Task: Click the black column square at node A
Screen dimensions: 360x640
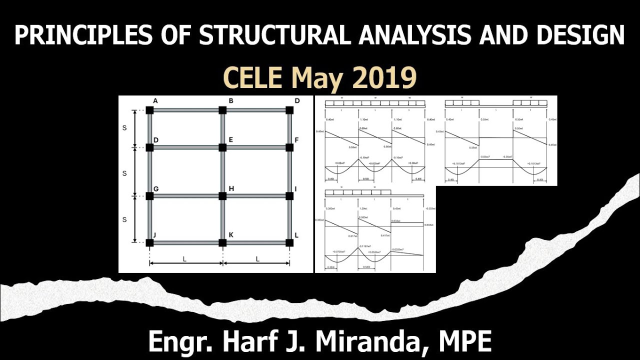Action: pos(149,110)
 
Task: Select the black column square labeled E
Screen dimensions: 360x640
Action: pos(222,147)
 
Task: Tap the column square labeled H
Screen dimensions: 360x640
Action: pos(222,195)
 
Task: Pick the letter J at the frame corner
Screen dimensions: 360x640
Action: pos(155,235)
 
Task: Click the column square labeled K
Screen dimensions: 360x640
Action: pos(222,243)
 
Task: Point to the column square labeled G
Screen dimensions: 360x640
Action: pos(149,195)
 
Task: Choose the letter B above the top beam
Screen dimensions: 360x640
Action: pos(231,101)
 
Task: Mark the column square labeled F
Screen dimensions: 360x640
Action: pos(289,147)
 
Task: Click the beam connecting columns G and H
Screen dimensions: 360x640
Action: pos(186,195)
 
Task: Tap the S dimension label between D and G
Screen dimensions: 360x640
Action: pos(124,173)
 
